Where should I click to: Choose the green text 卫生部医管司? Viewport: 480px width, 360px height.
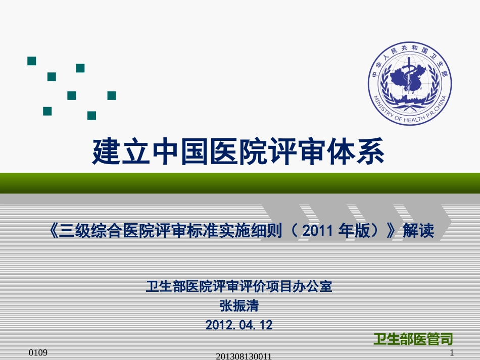(x=413, y=339)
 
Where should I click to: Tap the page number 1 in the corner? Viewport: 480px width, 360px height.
(x=452, y=352)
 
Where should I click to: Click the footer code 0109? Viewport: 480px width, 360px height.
(x=38, y=352)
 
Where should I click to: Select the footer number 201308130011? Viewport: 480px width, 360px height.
(x=244, y=356)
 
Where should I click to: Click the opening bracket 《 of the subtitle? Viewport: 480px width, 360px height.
(x=53, y=231)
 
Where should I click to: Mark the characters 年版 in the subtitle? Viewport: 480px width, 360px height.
(x=354, y=231)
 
